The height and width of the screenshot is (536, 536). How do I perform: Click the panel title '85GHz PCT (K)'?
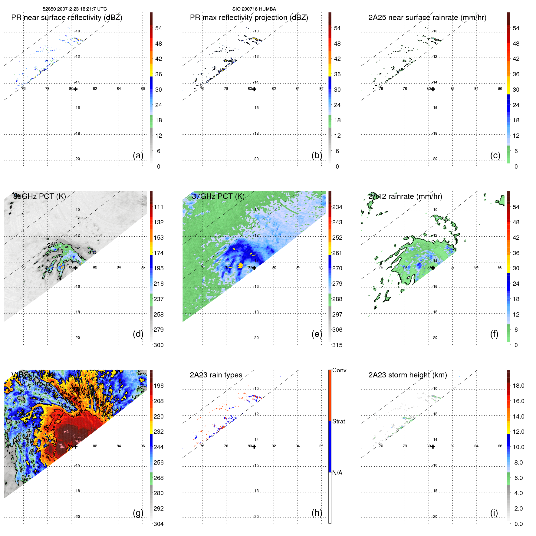40,196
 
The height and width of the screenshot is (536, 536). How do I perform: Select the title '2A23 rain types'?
216,375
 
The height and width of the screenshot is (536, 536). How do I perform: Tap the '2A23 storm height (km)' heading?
407,375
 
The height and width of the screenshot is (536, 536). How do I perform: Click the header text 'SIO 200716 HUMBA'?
254,9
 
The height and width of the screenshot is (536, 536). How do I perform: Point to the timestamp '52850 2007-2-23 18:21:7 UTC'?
75,9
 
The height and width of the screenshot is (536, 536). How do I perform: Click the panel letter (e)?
317,334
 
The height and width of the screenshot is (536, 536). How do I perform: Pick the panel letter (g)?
138,512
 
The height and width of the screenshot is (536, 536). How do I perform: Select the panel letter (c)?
495,155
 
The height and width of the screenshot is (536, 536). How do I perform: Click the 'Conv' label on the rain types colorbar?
339,370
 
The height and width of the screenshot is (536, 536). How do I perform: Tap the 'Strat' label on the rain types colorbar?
339,421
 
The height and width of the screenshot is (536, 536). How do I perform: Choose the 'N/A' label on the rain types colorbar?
337,473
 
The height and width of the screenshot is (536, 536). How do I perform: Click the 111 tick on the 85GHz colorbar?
159,207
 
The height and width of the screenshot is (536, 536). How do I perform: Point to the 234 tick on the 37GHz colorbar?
337,207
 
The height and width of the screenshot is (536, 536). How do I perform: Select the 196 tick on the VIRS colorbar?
159,386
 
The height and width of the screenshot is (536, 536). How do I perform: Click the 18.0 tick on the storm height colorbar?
518,386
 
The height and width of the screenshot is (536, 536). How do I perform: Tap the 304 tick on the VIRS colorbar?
159,524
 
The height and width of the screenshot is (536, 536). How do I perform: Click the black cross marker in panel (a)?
76,89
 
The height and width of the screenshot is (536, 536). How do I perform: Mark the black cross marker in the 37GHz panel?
254,268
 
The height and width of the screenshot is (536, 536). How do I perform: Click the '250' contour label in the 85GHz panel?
52,245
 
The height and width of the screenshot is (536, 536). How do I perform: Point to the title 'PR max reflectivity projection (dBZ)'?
249,18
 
